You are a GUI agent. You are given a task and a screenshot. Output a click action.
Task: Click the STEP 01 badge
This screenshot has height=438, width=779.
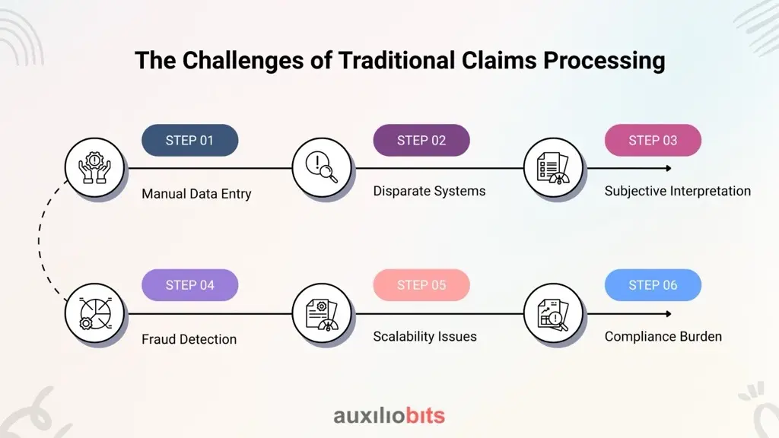point(189,141)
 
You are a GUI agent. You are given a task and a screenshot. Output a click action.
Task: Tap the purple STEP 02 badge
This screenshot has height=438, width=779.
point(421,141)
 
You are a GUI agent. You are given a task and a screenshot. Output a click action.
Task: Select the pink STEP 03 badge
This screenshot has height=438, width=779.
point(653,141)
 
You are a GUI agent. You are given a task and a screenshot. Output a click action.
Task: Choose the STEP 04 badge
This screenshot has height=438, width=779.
point(189,285)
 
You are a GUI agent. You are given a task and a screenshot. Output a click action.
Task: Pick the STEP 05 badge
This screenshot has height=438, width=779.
point(421,285)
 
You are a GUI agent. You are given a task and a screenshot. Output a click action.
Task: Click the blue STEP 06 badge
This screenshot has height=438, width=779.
point(653,285)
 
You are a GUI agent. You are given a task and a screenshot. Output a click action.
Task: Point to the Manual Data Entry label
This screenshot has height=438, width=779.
point(196,194)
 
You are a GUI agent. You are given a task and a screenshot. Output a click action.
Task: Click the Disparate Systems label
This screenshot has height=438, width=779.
point(429,191)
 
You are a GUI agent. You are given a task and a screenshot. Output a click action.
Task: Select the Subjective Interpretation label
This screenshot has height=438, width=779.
point(678,191)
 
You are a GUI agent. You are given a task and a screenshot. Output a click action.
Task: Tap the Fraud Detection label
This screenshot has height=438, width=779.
point(189,339)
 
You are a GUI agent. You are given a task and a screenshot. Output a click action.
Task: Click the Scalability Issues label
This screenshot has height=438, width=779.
point(424,337)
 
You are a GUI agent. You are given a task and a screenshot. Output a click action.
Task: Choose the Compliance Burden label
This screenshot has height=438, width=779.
point(663,337)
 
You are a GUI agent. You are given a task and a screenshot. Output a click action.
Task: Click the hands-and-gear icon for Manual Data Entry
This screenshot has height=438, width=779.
point(94,168)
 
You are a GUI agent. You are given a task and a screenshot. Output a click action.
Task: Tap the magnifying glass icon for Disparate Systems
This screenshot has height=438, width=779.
point(322,167)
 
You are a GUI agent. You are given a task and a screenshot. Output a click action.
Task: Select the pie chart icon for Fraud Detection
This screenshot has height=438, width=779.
point(95,313)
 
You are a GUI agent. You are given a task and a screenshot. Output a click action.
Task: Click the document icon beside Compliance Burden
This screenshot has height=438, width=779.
point(553,314)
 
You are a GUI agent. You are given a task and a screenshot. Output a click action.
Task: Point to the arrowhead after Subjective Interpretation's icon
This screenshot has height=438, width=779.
point(669,168)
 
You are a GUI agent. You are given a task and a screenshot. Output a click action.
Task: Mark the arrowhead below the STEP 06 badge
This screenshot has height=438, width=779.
point(669,314)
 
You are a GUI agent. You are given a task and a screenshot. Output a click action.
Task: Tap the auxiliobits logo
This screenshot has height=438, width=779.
point(389,415)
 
